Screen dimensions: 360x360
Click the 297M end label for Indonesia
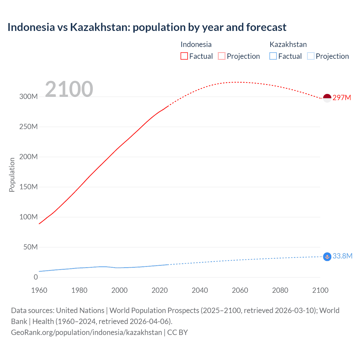point(342,98)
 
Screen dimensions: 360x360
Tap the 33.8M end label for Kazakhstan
point(342,256)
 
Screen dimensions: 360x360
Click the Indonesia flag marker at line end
point(327,98)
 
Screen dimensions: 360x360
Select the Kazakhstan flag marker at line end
point(327,257)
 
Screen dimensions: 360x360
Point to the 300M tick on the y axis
point(28,96)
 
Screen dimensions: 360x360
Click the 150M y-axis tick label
point(28,187)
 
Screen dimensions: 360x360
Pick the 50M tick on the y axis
point(30,247)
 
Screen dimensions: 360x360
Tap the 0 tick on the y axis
point(35,277)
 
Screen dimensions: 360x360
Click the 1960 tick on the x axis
point(39,290)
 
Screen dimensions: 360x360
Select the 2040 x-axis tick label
point(200,290)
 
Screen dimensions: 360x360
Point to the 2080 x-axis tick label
point(280,290)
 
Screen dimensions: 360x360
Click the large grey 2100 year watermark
point(69,89)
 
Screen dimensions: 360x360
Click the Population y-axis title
point(12,175)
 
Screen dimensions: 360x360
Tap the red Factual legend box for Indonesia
point(184,56)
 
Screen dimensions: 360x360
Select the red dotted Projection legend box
point(222,56)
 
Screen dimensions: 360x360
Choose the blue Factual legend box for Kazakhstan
point(273,56)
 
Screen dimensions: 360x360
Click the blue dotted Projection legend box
point(310,56)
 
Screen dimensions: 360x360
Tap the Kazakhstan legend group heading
point(288,44)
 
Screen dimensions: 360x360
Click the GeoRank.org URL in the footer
point(86,332)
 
